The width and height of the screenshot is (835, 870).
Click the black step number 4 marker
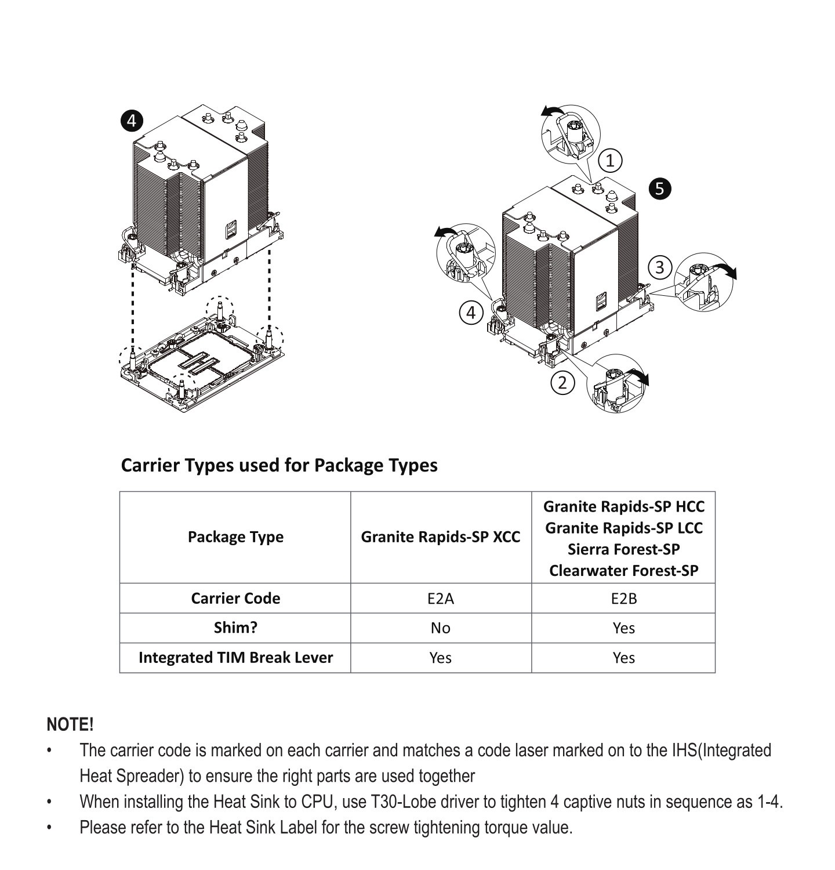tap(132, 121)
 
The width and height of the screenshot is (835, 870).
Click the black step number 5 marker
tap(659, 188)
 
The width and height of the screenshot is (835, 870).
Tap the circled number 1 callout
tap(610, 160)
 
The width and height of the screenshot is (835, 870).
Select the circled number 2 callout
tap(562, 383)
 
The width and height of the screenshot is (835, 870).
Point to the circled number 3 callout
tap(659, 267)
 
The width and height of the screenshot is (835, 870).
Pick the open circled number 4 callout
tap(471, 313)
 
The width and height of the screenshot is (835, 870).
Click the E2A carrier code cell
tap(441, 599)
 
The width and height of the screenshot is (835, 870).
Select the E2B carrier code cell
tap(623, 599)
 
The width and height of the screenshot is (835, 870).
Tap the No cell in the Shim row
tap(441, 628)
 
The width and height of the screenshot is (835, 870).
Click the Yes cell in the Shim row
tap(623, 628)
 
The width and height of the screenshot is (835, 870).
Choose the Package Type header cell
tap(235, 537)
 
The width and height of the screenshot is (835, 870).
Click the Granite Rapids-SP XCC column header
tap(441, 537)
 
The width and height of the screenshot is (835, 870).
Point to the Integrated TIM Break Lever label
tap(235, 658)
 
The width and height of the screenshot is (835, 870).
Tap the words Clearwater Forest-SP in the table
tap(623, 571)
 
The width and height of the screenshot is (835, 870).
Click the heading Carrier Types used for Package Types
tap(279, 465)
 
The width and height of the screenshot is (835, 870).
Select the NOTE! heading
tap(70, 724)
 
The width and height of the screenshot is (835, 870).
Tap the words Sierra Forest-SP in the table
tap(623, 549)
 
